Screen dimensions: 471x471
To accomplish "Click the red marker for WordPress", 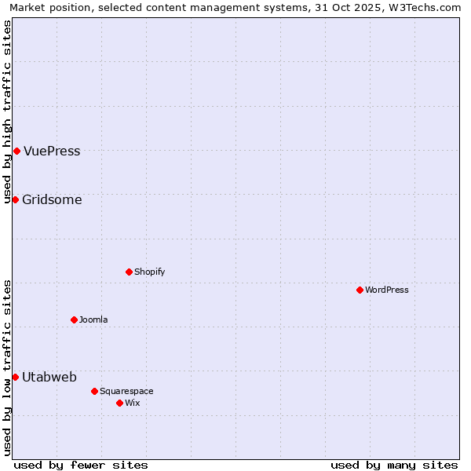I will (360, 290).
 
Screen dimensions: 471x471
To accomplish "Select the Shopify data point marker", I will (129, 272).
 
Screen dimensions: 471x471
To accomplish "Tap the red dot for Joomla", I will (74, 319).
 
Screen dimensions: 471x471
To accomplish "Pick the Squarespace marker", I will (94, 391).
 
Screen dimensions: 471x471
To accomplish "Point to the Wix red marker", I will (119, 403).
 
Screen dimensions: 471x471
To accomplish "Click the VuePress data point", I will (16, 151).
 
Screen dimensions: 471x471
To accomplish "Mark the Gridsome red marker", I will (15, 199).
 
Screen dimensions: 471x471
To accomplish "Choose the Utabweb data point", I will (15, 377).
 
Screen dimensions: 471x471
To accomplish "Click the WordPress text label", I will (387, 290).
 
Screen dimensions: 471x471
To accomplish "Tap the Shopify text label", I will (149, 272).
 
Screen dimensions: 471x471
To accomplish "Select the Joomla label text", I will (93, 319).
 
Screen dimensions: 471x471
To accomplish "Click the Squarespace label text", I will (126, 391).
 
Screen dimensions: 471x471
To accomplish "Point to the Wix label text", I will (132, 403).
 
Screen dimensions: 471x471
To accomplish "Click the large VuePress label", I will (52, 152).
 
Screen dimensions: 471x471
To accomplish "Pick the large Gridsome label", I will (52, 199).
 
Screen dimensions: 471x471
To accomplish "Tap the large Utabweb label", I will (49, 377).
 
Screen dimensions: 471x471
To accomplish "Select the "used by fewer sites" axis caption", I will (81, 465).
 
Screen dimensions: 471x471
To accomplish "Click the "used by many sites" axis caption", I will (394, 465).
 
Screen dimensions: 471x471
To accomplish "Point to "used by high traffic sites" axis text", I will (7, 111).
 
